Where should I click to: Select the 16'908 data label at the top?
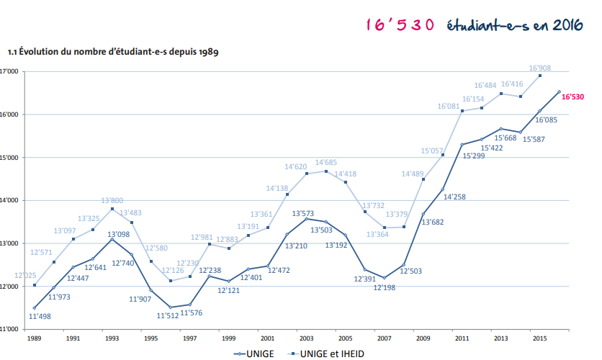tap(540, 68)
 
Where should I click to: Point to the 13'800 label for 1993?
tap(112, 201)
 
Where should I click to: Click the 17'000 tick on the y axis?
tap(9, 72)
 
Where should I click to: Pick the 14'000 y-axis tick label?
tap(9, 200)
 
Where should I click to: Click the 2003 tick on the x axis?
tap(307, 337)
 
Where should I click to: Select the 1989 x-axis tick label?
tap(34, 337)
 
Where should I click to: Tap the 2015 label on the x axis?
tap(539, 337)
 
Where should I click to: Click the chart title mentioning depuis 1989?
tap(113, 52)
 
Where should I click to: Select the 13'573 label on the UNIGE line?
tap(305, 214)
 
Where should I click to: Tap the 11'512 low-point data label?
tap(169, 315)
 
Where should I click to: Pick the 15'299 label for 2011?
tap(474, 155)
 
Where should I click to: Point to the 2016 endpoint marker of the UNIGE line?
tap(559, 91)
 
